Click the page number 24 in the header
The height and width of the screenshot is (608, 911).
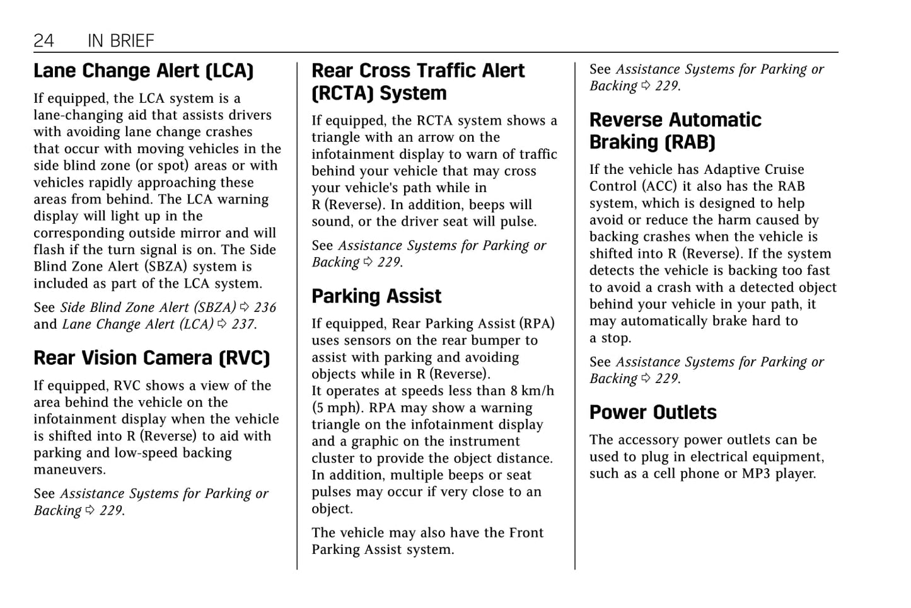coord(44,41)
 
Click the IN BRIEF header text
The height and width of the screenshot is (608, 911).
coord(120,41)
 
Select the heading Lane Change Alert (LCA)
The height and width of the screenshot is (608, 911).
coord(143,71)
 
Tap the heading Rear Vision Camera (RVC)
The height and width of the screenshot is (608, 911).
coord(151,358)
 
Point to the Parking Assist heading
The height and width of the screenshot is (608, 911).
coord(376,296)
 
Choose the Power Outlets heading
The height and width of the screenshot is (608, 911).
coord(653,412)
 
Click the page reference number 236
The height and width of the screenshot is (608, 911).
coord(265,307)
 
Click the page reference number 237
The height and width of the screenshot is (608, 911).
coord(242,324)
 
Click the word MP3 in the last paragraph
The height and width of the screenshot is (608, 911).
coord(756,474)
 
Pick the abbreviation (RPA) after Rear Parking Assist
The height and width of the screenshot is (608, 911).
coord(537,324)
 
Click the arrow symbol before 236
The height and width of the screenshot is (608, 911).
coord(245,307)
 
